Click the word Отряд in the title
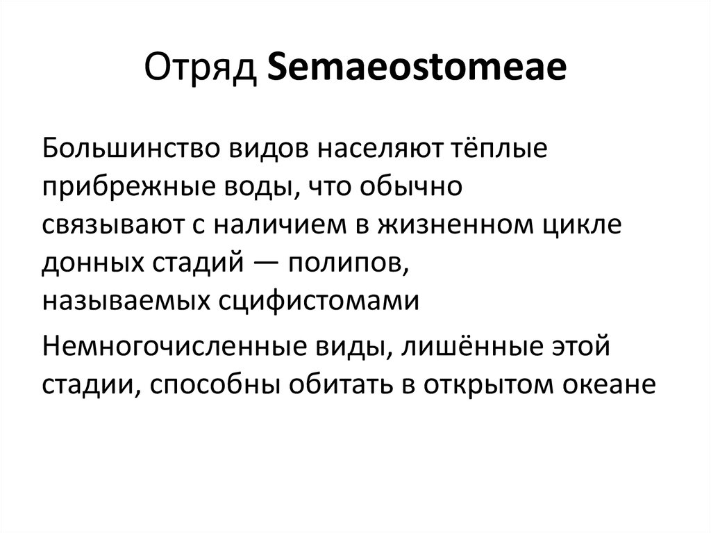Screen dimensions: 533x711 (x=201, y=70)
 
